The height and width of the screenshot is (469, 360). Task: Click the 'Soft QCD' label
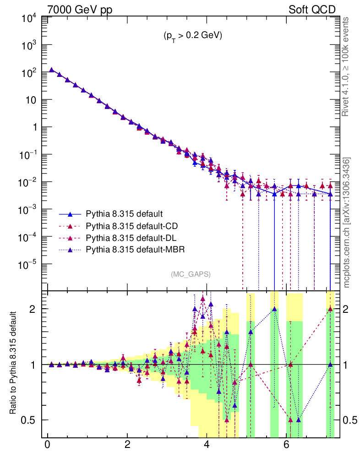312,9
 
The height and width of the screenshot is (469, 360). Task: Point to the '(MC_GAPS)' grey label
191,274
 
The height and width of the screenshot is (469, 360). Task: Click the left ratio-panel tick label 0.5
31,420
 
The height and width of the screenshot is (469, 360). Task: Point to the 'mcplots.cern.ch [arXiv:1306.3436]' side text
347,222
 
